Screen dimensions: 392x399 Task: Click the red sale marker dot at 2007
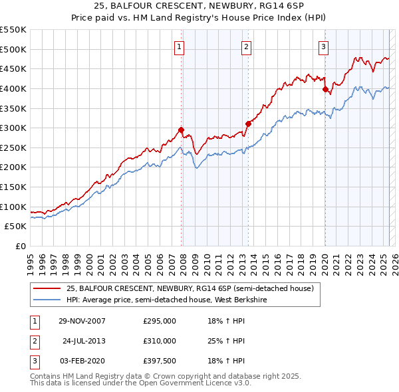click(x=182, y=130)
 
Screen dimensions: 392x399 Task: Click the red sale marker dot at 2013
click(x=248, y=124)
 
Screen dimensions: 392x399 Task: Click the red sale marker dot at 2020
click(x=325, y=89)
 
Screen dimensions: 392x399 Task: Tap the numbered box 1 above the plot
click(x=180, y=47)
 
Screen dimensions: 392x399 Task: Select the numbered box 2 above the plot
click(x=246, y=47)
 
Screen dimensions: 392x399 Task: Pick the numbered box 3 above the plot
click(x=323, y=47)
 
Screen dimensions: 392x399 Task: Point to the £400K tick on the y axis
click(x=13, y=88)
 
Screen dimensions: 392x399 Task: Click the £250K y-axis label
click(x=13, y=147)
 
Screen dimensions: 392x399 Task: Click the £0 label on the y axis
click(x=20, y=246)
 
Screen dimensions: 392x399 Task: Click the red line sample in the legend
click(x=47, y=288)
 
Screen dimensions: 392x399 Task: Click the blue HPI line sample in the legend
click(x=47, y=299)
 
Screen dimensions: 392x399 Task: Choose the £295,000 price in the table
click(x=160, y=322)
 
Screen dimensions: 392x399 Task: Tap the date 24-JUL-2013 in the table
click(x=83, y=341)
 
